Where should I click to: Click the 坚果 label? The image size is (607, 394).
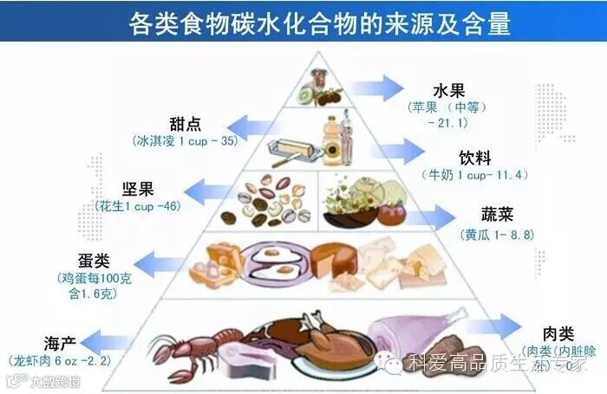(x=139, y=190)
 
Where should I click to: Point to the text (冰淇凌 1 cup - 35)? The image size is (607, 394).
(x=186, y=139)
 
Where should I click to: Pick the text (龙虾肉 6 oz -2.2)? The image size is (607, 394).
(x=60, y=359)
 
